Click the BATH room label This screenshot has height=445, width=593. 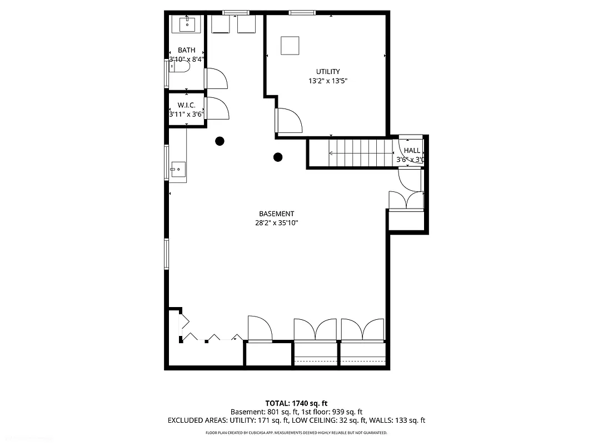[x=187, y=50]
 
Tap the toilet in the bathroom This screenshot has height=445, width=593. [x=180, y=67]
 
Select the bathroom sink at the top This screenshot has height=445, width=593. [x=187, y=24]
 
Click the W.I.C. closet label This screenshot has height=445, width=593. [x=187, y=105]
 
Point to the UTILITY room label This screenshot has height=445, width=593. [x=328, y=71]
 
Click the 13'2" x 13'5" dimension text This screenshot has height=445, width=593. [x=328, y=81]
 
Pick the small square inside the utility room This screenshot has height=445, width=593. [x=290, y=45]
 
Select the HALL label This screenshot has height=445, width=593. [x=412, y=150]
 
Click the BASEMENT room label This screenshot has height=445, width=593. [x=276, y=214]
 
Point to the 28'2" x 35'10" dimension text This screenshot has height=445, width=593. [x=276, y=223]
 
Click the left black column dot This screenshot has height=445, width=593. [x=220, y=141]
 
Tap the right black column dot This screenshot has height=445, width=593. [x=278, y=157]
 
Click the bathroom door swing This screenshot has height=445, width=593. [x=217, y=78]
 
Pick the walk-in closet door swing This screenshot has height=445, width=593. [x=217, y=107]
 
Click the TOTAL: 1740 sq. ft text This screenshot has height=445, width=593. [x=296, y=403]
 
